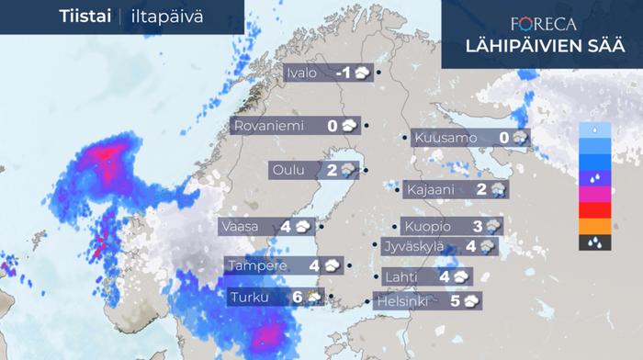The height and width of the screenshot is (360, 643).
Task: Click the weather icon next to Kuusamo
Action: click(520, 139)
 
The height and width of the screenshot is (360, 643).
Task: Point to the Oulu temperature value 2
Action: click(332, 170)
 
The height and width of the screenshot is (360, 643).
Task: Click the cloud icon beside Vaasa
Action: click(304, 226)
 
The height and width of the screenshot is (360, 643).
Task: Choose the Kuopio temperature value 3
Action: click(478, 226)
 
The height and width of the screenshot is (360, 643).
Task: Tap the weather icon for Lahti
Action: click(461, 276)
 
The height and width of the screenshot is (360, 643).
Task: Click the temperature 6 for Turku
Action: click(297, 297)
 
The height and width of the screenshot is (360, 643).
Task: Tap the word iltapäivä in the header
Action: click(166, 17)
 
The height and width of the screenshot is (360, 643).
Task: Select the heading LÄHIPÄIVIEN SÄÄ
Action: click(544, 46)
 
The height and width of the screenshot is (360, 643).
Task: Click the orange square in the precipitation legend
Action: click(590, 226)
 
